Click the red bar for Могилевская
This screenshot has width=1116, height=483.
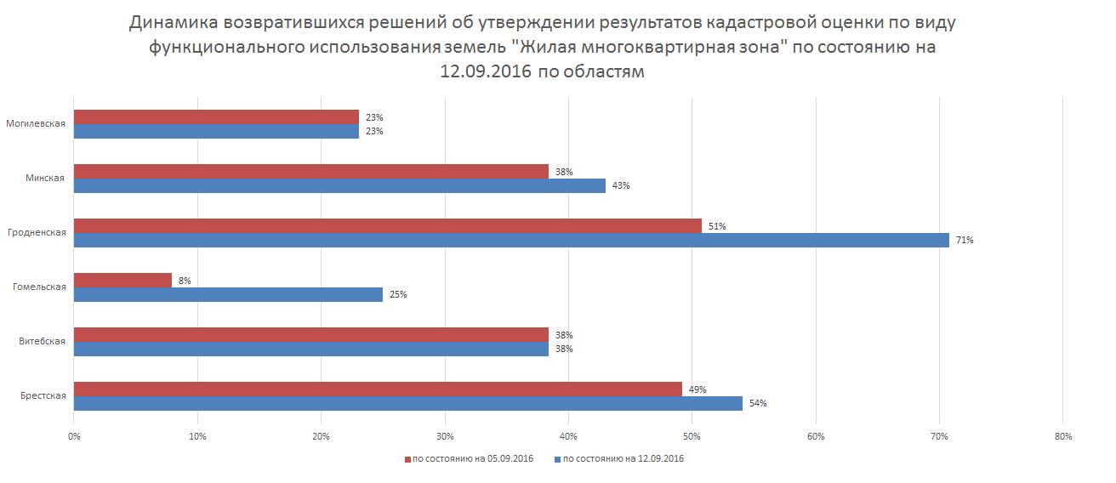(216, 116)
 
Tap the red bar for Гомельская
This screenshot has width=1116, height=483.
(122, 280)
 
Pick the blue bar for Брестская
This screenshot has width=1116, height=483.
(407, 403)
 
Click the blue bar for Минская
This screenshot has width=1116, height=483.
(339, 185)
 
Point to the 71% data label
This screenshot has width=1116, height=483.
(964, 241)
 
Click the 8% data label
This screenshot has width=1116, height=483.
(185, 281)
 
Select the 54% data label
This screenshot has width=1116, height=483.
(758, 403)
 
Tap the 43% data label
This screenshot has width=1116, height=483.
(621, 185)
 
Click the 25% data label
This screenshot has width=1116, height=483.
(398, 294)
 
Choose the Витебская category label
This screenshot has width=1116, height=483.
(43, 341)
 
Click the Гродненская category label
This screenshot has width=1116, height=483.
(37, 232)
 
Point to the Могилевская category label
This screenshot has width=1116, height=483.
(36, 123)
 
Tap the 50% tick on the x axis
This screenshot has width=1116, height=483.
(692, 437)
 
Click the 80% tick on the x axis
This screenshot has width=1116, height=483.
(1062, 437)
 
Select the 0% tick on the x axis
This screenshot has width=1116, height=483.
(74, 437)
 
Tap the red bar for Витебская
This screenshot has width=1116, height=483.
(310, 334)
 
